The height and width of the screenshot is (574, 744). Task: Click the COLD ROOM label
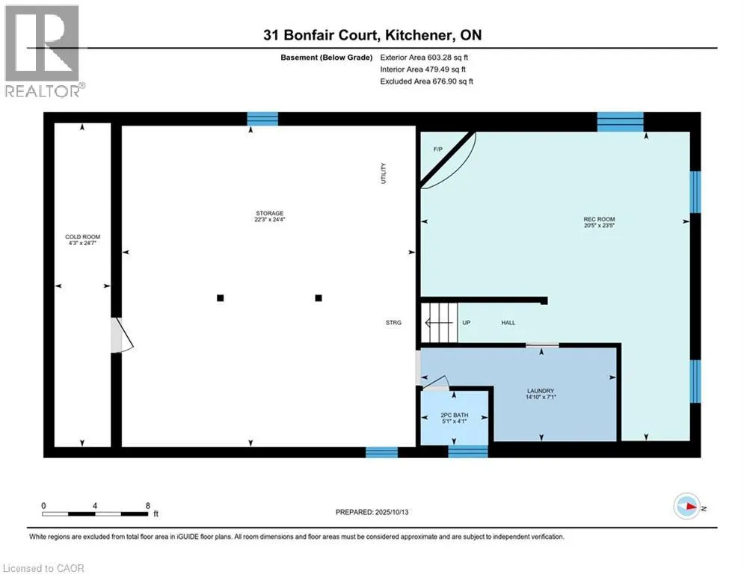(x=82, y=240)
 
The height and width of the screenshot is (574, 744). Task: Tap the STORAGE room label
(x=269, y=216)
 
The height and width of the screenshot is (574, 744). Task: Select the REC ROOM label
(x=599, y=222)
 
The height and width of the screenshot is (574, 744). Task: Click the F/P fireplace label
(x=438, y=149)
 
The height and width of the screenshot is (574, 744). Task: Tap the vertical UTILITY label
(x=384, y=173)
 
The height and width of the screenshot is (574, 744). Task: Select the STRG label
(x=393, y=323)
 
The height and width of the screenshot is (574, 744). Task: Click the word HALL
(x=508, y=323)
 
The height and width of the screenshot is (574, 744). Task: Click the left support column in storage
(x=220, y=297)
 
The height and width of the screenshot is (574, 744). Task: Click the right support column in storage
(x=319, y=297)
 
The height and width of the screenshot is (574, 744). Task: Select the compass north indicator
(x=686, y=508)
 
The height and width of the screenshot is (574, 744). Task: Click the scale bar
(x=95, y=513)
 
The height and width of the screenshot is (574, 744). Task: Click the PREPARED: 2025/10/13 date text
(x=372, y=512)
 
